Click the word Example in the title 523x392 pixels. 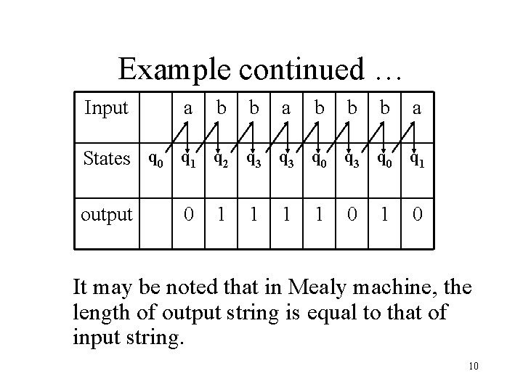pyautogui.click(x=172, y=69)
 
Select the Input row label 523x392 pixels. pyautogui.click(x=106, y=109)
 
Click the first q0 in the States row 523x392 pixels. pyautogui.click(x=155, y=159)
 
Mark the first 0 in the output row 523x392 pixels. pyautogui.click(x=187, y=214)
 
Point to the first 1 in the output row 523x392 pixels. pyautogui.click(x=219, y=214)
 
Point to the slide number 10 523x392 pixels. pyautogui.click(x=473, y=366)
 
